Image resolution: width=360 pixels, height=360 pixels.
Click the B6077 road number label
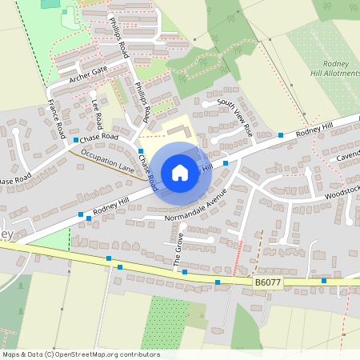pos(269,282)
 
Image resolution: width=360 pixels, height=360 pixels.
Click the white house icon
pos(180,172)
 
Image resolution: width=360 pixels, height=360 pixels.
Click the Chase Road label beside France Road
pos(99,138)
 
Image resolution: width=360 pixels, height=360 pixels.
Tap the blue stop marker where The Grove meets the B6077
pos(185,273)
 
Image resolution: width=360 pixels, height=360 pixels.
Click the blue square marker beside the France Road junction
pos(76,140)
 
